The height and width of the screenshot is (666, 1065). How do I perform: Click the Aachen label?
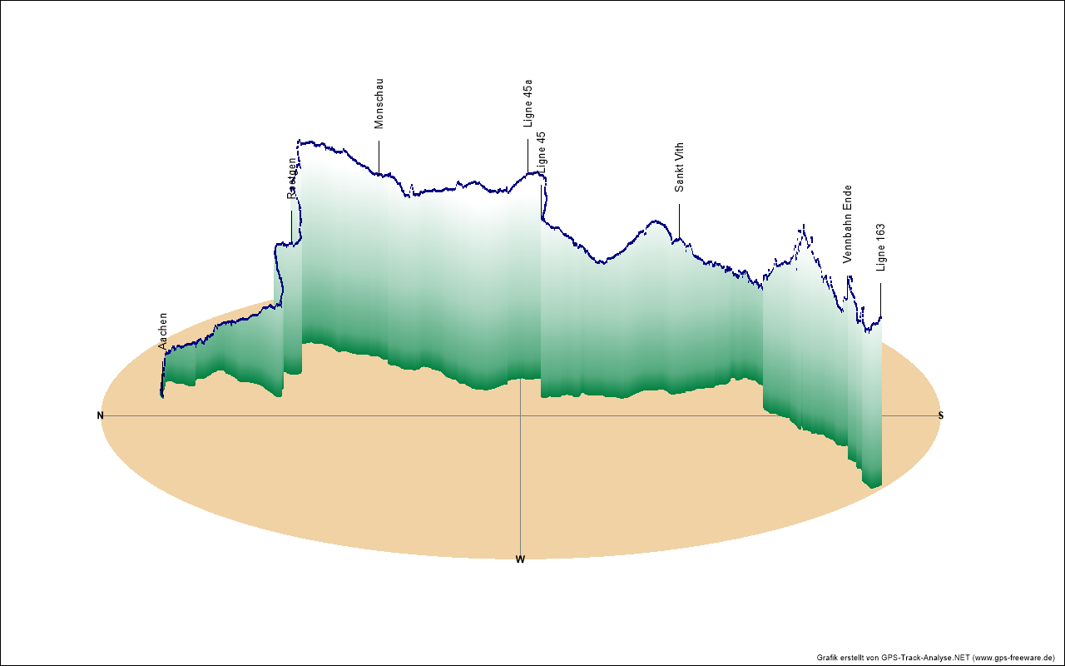(x=163, y=330)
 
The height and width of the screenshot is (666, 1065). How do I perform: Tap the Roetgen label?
(x=292, y=178)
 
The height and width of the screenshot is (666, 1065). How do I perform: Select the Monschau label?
(x=379, y=103)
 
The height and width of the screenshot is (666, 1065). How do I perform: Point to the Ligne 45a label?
(x=528, y=103)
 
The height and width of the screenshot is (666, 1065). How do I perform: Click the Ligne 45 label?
(x=542, y=152)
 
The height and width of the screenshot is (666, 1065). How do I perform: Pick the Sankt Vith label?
(x=680, y=167)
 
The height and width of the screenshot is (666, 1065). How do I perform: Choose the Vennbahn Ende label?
(x=847, y=224)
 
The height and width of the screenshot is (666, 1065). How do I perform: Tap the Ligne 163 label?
(x=881, y=247)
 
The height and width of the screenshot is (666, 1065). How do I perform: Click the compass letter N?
(x=101, y=415)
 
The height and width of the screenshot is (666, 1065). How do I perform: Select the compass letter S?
(x=941, y=415)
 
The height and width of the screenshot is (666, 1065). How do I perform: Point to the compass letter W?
(x=520, y=559)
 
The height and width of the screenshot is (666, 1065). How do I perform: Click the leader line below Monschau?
(x=379, y=157)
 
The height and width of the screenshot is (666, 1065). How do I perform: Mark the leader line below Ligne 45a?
(x=528, y=155)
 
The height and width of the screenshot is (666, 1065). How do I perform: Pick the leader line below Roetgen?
(x=291, y=226)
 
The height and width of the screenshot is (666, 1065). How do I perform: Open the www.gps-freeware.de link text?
(x=1014, y=657)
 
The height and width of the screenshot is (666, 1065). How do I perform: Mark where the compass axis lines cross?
(x=520, y=415)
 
